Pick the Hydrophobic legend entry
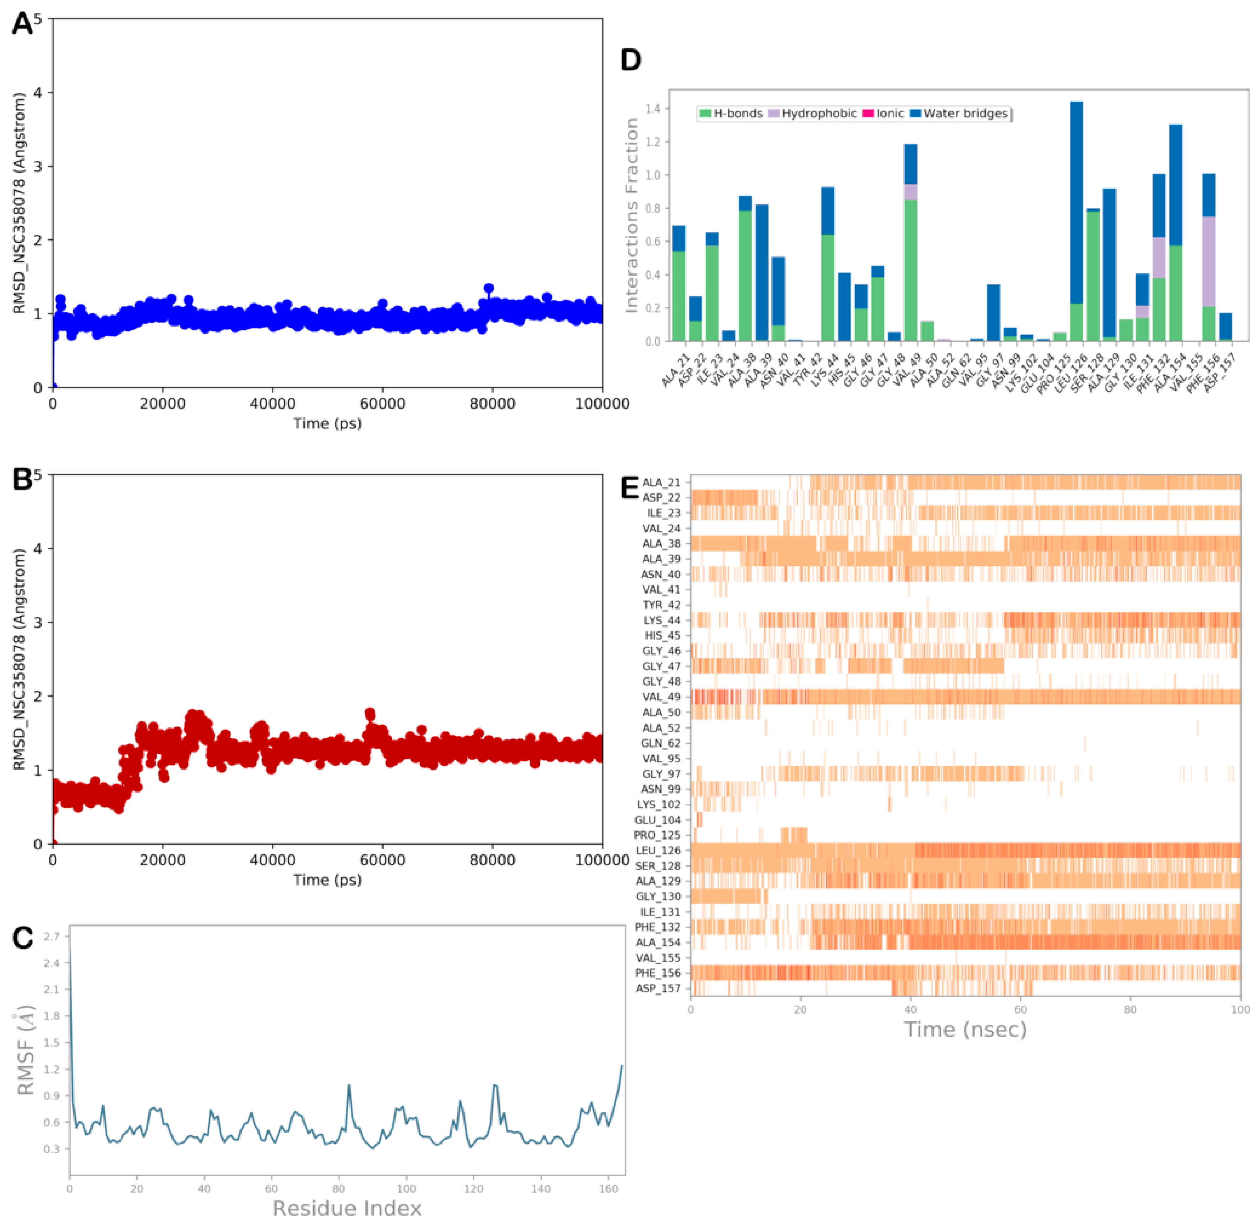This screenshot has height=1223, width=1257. pos(812,114)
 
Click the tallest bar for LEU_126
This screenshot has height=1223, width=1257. pos(1076,218)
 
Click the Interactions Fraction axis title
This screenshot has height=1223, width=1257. pos(632,215)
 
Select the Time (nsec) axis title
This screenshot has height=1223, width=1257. pos(965,1030)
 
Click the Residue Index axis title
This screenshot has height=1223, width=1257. pos(347,1208)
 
